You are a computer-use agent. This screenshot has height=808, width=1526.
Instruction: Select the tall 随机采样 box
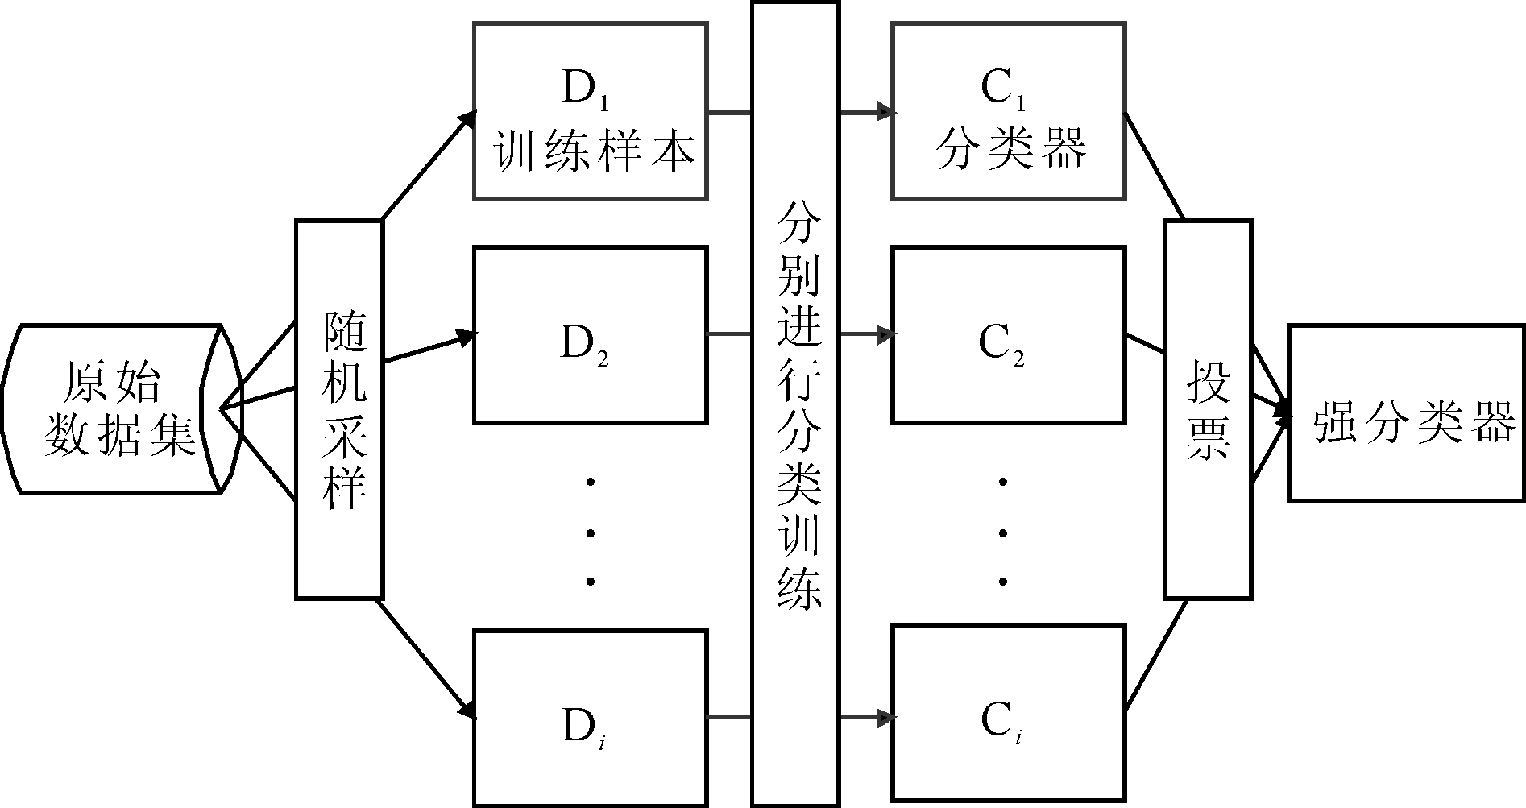(x=338, y=409)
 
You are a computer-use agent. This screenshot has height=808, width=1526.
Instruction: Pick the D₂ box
(x=590, y=334)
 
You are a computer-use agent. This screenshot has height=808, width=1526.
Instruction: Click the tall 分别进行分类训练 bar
(x=796, y=403)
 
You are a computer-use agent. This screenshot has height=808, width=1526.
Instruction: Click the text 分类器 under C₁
(x=1010, y=149)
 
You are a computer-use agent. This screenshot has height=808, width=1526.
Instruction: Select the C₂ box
(x=1008, y=334)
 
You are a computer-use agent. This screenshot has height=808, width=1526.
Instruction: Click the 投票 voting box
(x=1209, y=409)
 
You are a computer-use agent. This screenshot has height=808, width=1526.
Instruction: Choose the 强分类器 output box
(x=1406, y=412)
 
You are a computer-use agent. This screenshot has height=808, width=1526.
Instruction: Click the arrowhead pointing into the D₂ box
(x=465, y=337)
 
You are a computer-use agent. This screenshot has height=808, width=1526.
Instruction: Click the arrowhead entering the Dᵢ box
(x=466, y=709)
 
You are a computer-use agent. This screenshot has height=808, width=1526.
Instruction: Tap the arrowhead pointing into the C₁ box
(x=885, y=112)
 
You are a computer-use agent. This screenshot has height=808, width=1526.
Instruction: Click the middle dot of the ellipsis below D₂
(x=591, y=532)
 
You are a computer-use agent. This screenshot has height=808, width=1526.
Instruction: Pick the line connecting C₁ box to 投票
(x=1154, y=165)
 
